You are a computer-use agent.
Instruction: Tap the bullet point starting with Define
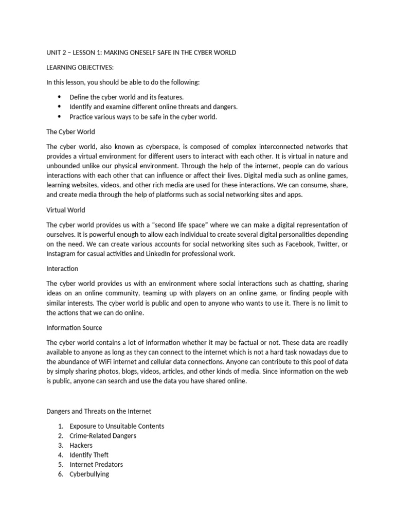click(x=127, y=97)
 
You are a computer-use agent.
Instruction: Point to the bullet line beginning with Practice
click(x=143, y=116)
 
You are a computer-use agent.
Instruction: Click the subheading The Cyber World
click(x=70, y=131)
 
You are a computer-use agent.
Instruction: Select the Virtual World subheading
click(x=66, y=210)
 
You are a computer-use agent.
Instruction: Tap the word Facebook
click(x=295, y=244)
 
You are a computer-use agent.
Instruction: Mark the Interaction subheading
click(x=62, y=269)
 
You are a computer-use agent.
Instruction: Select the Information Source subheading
click(x=74, y=327)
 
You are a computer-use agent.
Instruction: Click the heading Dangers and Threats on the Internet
click(x=99, y=411)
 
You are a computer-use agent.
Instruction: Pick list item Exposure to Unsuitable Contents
click(x=117, y=426)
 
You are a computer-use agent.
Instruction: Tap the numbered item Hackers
click(x=81, y=445)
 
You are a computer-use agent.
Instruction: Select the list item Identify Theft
click(x=89, y=455)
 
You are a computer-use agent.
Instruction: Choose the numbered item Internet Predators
click(x=96, y=464)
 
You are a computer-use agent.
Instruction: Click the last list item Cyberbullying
click(x=89, y=474)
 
